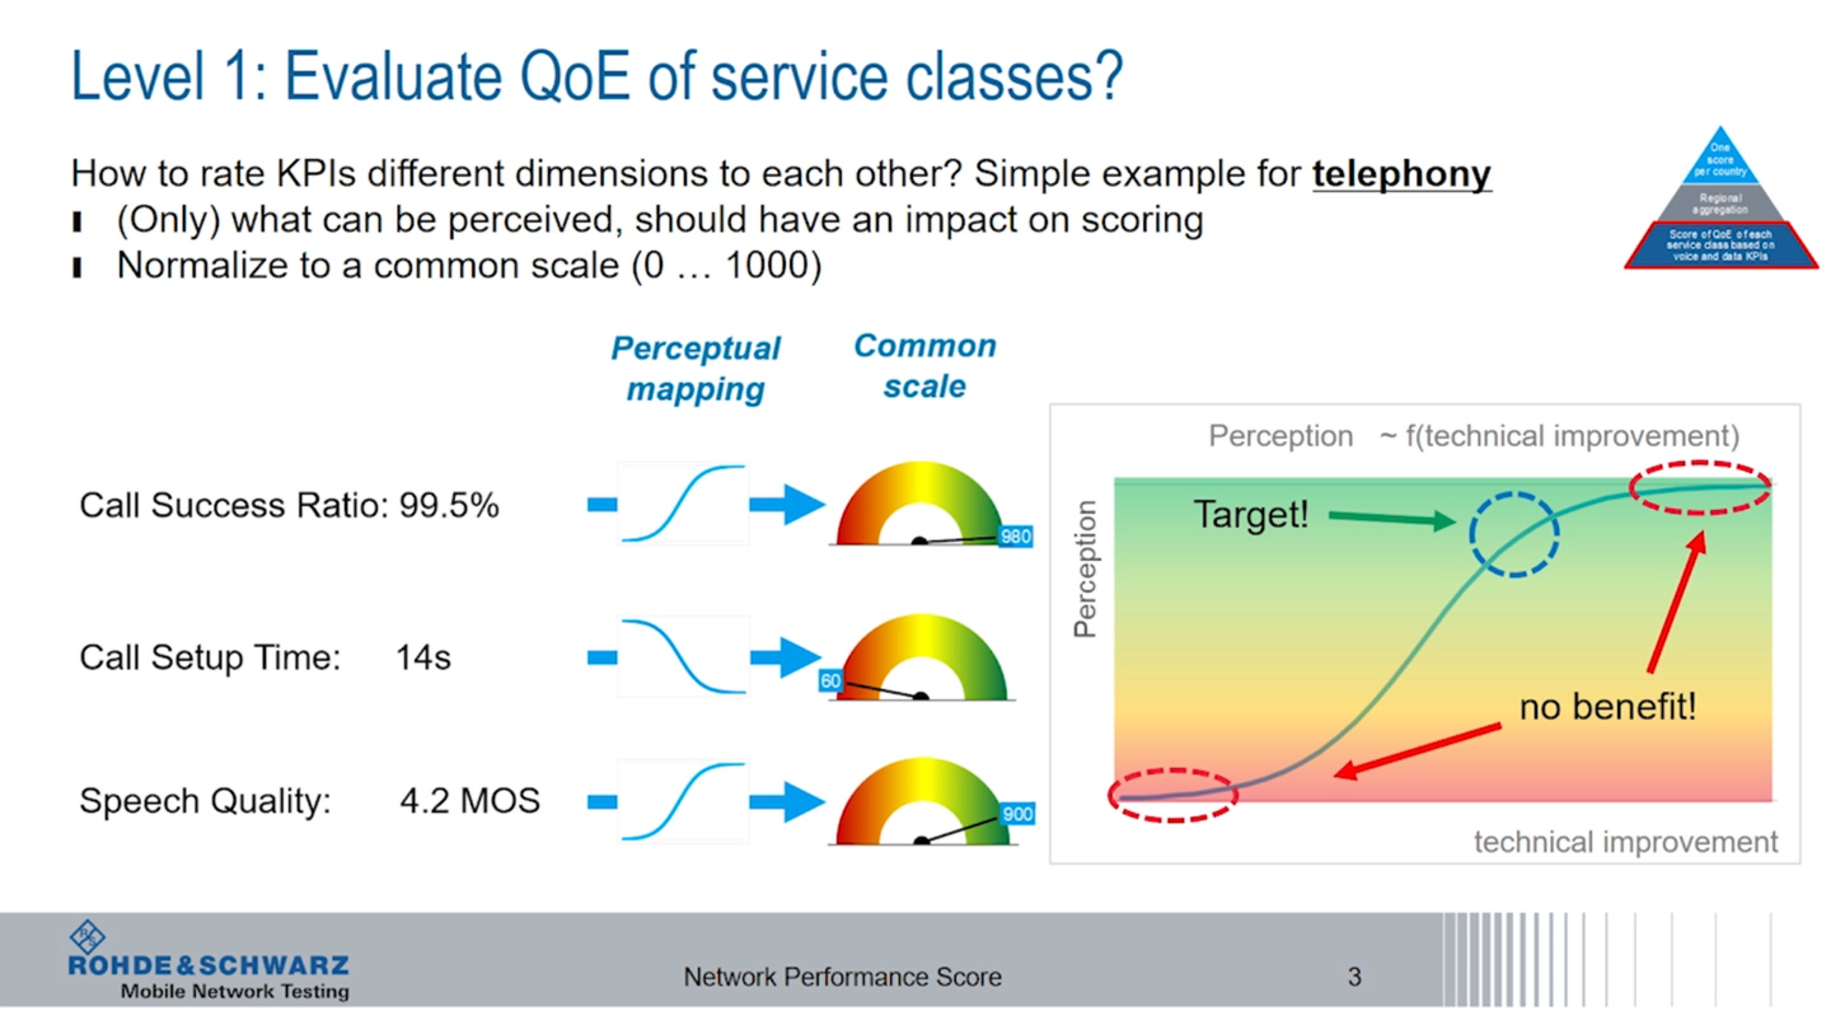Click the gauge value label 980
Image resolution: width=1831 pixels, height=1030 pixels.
tap(1015, 536)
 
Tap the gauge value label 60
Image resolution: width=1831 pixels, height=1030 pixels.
tap(830, 681)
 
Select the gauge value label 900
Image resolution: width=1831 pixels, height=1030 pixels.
tap(1017, 814)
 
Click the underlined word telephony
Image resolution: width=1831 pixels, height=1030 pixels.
tap(1401, 174)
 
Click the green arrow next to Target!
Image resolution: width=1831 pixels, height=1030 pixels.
tap(1391, 518)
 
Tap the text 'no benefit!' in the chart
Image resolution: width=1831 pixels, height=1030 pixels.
tap(1607, 706)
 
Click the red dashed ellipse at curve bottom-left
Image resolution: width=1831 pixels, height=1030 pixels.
tap(1173, 795)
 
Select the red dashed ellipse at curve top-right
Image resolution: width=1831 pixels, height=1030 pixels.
tap(1699, 487)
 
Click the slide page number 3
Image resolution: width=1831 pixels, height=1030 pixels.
tap(1354, 977)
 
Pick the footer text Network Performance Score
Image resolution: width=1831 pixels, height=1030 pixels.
tap(842, 977)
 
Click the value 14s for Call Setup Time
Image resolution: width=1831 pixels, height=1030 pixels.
tap(423, 657)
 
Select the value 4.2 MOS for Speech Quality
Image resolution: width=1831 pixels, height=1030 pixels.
tap(470, 801)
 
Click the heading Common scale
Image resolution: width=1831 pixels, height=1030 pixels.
tap(925, 366)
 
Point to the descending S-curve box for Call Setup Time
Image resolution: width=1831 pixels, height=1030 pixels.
tap(683, 657)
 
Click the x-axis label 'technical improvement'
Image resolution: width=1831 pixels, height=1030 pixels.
tap(1625, 842)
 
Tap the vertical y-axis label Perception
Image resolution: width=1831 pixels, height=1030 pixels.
tap(1085, 568)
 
